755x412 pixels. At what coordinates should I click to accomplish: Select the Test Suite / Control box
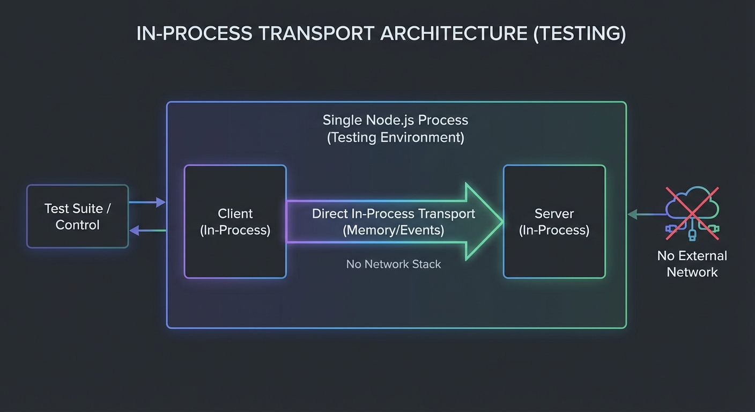pyautogui.click(x=78, y=216)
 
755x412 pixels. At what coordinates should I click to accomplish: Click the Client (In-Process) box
pyautogui.click(x=235, y=222)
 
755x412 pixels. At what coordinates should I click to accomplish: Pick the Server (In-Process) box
pyautogui.click(x=554, y=222)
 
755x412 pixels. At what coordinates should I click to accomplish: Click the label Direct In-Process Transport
pyautogui.click(x=393, y=214)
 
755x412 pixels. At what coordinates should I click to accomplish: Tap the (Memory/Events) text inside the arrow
pyautogui.click(x=393, y=230)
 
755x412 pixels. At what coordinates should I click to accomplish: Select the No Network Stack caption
pyautogui.click(x=393, y=264)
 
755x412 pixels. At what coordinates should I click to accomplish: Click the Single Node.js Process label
pyautogui.click(x=395, y=120)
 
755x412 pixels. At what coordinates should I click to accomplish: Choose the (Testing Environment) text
pyautogui.click(x=395, y=137)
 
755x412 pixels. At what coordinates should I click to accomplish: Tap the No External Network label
pyautogui.click(x=692, y=263)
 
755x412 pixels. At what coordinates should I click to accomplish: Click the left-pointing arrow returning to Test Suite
pyautogui.click(x=147, y=230)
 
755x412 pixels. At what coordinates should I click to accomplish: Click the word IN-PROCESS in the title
pyautogui.click(x=194, y=33)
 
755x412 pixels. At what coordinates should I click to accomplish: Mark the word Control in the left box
pyautogui.click(x=78, y=225)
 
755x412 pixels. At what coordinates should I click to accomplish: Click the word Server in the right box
pyautogui.click(x=554, y=214)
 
